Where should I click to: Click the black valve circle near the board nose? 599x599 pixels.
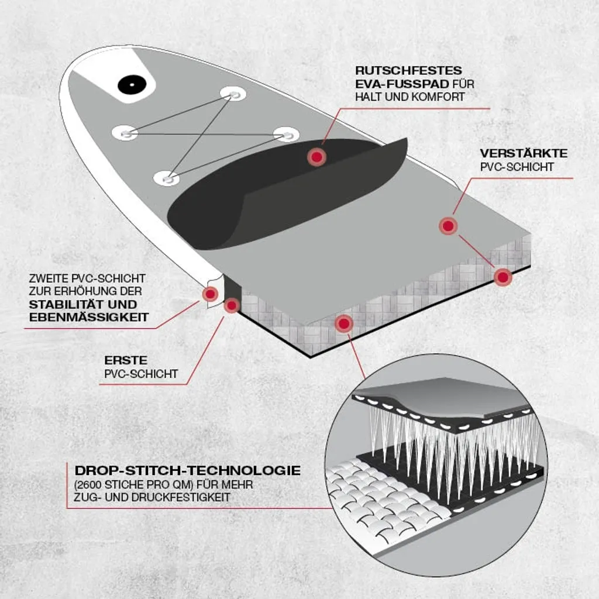(x=132, y=85)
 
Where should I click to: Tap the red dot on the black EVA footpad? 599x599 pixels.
(x=316, y=157)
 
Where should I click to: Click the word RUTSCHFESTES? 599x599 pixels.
(x=408, y=71)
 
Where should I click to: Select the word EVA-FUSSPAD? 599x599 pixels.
(x=402, y=84)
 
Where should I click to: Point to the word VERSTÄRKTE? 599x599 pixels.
(x=524, y=154)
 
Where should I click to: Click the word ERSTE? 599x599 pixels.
(x=126, y=360)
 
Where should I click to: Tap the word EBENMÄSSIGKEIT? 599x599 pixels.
(x=89, y=318)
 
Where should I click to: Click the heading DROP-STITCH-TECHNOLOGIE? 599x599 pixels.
(x=188, y=470)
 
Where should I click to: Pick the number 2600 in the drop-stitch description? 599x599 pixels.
(x=89, y=485)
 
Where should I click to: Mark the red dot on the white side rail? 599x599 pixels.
(x=210, y=294)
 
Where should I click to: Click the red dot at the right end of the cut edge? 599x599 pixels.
(x=502, y=277)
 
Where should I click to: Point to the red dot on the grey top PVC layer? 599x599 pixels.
(x=447, y=226)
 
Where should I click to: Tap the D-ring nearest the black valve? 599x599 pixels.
(x=233, y=94)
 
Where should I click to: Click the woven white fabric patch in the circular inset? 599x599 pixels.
(x=386, y=497)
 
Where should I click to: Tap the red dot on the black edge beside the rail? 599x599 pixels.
(x=232, y=305)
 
